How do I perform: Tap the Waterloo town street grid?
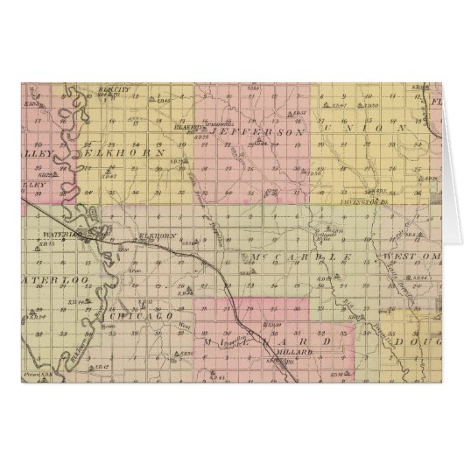[94, 235]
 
